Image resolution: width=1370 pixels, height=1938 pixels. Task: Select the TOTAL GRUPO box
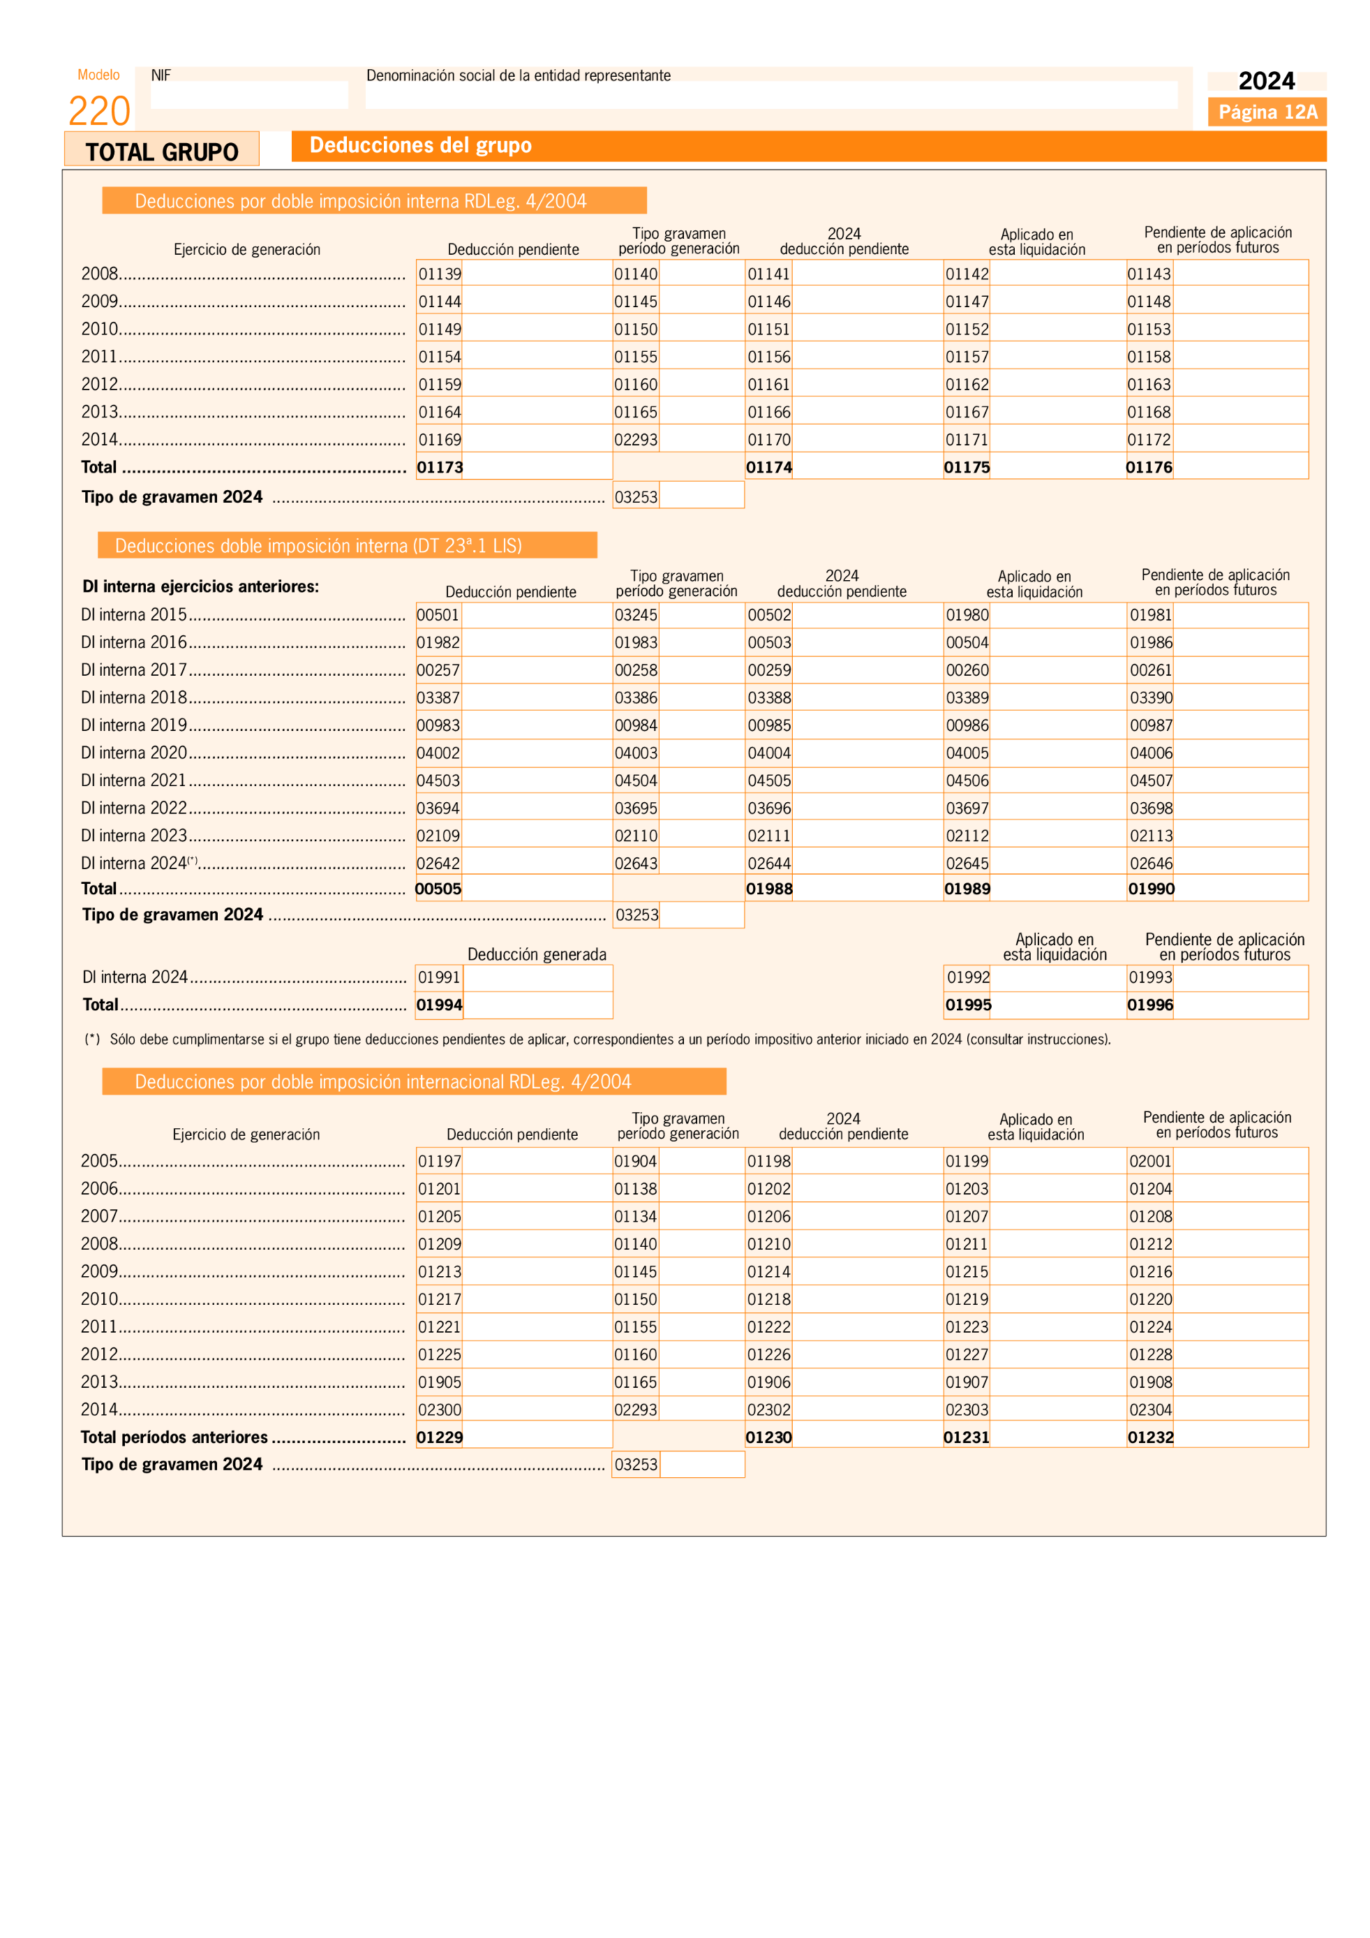click(x=162, y=151)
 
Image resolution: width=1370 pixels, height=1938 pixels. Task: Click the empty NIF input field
click(x=249, y=94)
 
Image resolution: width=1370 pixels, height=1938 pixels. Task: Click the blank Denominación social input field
click(x=770, y=94)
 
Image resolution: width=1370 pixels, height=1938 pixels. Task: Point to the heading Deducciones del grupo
click(x=420, y=145)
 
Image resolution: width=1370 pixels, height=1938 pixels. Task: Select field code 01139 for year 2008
click(x=440, y=274)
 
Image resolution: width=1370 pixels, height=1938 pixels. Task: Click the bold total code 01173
click(x=440, y=467)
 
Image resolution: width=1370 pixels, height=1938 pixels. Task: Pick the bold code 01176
click(x=1149, y=467)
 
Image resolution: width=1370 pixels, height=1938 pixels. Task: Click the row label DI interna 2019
click(x=134, y=725)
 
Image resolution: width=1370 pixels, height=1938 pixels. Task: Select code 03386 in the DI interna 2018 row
click(x=635, y=697)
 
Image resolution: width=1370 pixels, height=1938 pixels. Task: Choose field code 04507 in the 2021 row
click(x=1151, y=780)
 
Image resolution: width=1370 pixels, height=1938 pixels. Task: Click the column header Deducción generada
click(x=537, y=954)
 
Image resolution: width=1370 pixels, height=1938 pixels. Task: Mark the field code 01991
click(x=439, y=977)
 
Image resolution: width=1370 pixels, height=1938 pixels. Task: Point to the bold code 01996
click(x=1150, y=1005)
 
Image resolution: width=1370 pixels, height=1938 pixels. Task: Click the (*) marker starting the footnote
click(x=92, y=1039)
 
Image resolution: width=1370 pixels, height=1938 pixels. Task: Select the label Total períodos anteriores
click(x=174, y=1437)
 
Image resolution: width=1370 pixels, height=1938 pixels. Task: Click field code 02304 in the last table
click(x=1151, y=1409)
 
